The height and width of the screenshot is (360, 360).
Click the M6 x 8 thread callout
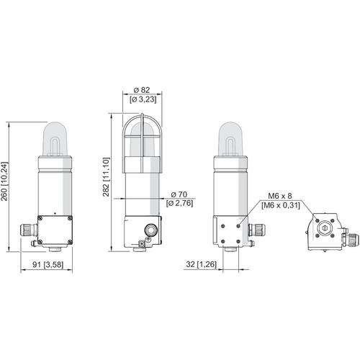click(279, 195)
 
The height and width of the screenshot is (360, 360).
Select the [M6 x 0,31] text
click(279, 206)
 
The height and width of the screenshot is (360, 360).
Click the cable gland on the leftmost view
click(27, 231)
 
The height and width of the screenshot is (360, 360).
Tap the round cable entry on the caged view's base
click(151, 231)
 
